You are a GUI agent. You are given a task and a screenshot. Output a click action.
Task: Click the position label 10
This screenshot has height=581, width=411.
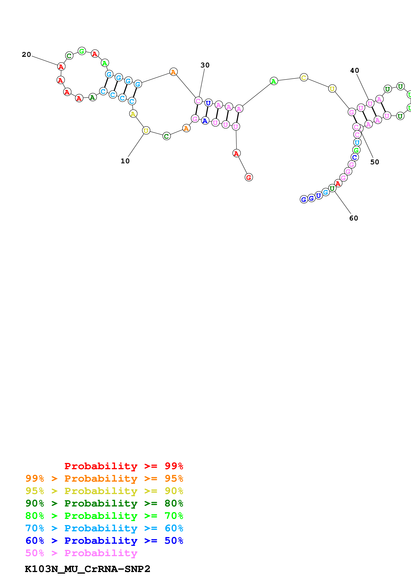pyautogui.click(x=125, y=161)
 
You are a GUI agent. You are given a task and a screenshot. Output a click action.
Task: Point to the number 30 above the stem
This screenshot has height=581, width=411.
pyautogui.click(x=205, y=65)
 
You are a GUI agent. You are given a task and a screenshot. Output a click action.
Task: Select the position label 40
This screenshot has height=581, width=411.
pyautogui.click(x=354, y=70)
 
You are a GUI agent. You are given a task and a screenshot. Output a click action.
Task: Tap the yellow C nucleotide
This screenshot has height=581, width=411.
pyautogui.click(x=304, y=78)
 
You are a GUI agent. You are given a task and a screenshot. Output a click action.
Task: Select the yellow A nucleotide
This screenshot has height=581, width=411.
pyautogui.click(x=133, y=114)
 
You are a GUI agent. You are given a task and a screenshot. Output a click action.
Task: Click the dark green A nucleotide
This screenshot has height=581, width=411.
pyautogui.click(x=93, y=97)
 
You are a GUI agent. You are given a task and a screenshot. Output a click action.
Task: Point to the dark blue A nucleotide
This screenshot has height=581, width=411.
pyautogui.click(x=205, y=121)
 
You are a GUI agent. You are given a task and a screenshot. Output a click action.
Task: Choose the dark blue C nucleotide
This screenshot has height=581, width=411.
pyautogui.click(x=354, y=157)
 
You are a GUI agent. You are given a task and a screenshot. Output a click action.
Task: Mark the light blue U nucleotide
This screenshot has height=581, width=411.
pyautogui.click(x=357, y=142)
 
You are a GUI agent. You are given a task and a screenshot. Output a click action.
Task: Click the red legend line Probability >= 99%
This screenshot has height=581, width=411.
pyautogui.click(x=124, y=466)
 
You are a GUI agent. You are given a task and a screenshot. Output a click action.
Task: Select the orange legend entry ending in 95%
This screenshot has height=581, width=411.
pyautogui.click(x=104, y=478)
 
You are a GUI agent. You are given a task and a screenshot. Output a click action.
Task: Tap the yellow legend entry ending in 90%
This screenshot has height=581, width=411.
pyautogui.click(x=104, y=491)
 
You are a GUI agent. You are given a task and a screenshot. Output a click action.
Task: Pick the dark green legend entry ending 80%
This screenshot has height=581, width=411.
pyautogui.click(x=104, y=503)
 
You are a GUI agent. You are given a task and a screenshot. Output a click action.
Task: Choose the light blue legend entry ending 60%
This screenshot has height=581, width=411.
pyautogui.click(x=104, y=528)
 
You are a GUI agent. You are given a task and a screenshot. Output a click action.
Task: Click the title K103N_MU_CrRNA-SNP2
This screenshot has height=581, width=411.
pyautogui.click(x=87, y=569)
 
